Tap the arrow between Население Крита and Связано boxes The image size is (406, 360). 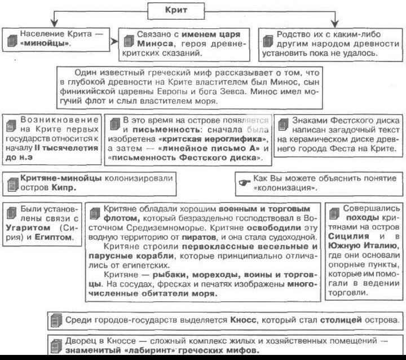tap(113, 41)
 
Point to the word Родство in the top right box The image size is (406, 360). tap(293, 34)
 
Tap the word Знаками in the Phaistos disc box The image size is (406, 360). tap(311, 121)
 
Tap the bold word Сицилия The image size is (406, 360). tap(348, 238)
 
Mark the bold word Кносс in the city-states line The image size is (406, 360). tap(244, 320)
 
